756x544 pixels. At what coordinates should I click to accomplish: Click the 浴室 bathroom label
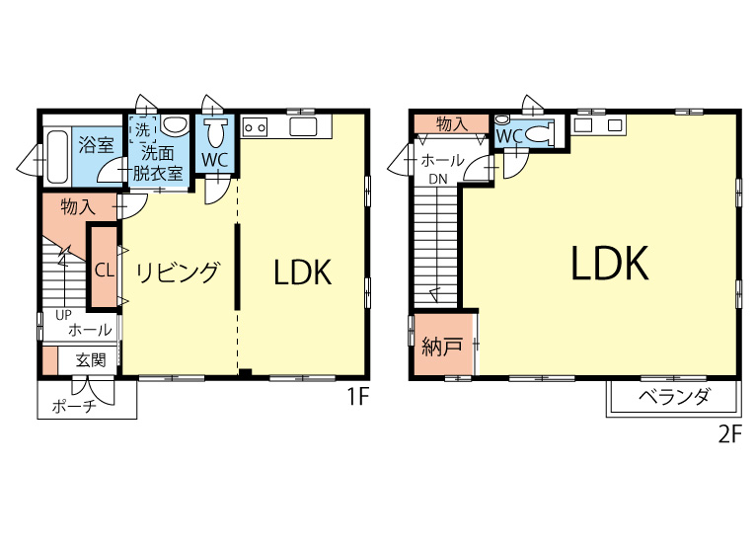(96, 144)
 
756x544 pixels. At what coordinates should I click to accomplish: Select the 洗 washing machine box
(142, 129)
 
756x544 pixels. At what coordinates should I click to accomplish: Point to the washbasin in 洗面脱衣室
(174, 125)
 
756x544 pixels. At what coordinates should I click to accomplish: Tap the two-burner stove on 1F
(255, 127)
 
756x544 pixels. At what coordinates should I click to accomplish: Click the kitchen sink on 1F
(304, 126)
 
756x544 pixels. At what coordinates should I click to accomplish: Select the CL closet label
(105, 271)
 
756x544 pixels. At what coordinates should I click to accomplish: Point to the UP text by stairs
(63, 315)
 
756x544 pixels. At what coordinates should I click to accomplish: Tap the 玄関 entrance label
(91, 359)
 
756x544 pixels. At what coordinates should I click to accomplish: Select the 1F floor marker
(357, 397)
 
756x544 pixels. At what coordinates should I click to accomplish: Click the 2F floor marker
(729, 435)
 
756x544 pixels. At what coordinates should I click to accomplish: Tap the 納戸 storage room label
(442, 346)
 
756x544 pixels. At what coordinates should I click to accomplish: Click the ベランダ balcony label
(674, 397)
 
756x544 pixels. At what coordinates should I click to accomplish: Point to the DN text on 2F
(438, 179)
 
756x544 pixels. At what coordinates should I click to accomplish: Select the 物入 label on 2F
(452, 124)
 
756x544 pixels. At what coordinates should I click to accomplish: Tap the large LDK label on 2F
(610, 263)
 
